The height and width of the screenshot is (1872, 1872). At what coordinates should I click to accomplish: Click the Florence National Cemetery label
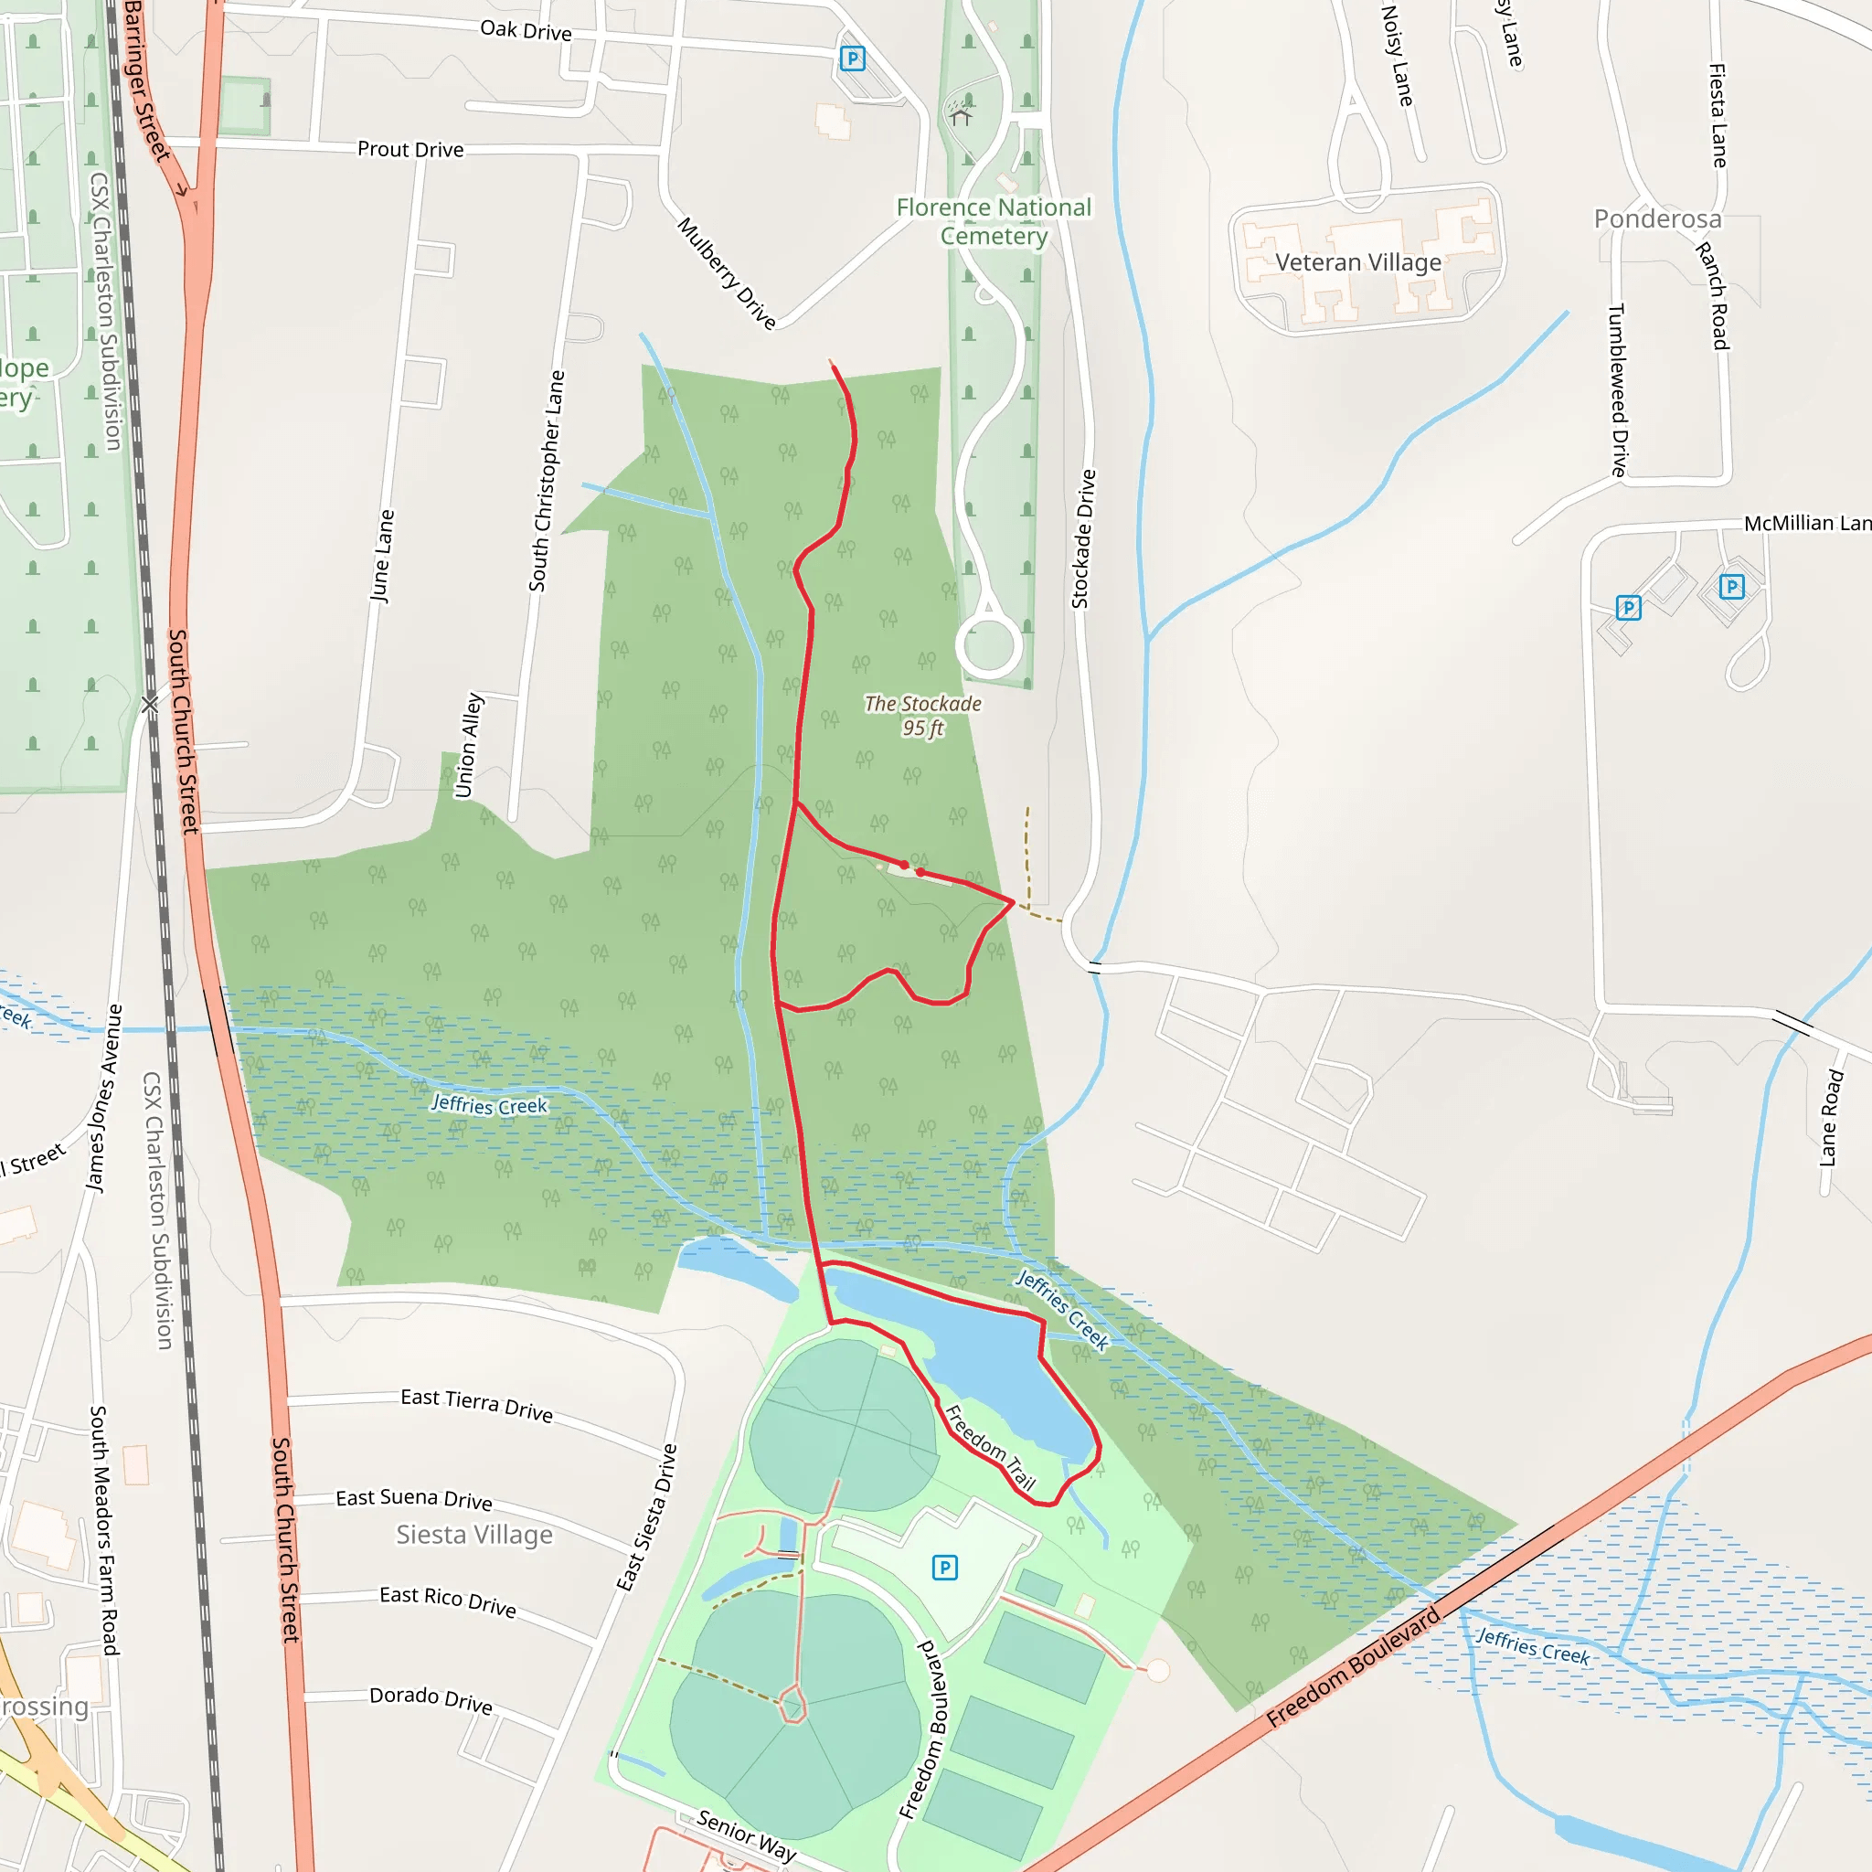click(994, 222)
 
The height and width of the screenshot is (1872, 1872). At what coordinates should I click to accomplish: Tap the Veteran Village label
click(1357, 262)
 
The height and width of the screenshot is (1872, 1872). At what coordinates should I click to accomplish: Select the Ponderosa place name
click(1657, 219)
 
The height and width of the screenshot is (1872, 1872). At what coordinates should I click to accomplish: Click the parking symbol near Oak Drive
click(852, 59)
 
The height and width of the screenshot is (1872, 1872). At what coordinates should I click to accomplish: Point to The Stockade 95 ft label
click(922, 716)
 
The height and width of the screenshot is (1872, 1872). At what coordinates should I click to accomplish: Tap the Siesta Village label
click(473, 1534)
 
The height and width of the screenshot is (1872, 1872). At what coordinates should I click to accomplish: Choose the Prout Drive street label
click(409, 149)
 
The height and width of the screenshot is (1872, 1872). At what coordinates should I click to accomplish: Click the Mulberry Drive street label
click(727, 273)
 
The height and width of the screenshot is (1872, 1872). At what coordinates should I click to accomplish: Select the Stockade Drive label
click(1082, 538)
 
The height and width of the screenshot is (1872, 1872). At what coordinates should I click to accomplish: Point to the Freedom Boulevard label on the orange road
click(1354, 1666)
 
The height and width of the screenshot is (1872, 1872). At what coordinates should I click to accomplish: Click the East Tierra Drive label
click(477, 1404)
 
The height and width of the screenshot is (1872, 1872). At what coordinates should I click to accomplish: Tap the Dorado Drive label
click(431, 1699)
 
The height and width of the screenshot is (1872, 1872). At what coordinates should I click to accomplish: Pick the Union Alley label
click(469, 745)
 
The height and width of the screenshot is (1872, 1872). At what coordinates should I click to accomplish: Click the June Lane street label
click(383, 556)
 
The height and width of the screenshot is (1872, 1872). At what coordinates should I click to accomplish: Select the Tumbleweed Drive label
click(1617, 389)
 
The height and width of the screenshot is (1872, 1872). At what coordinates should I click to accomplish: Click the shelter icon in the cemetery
click(961, 115)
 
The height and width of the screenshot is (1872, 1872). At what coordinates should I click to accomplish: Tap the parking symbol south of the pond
click(945, 1567)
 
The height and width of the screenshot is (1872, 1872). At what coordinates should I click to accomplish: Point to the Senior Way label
click(746, 1836)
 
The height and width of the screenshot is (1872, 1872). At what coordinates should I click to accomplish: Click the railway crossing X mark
click(149, 705)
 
